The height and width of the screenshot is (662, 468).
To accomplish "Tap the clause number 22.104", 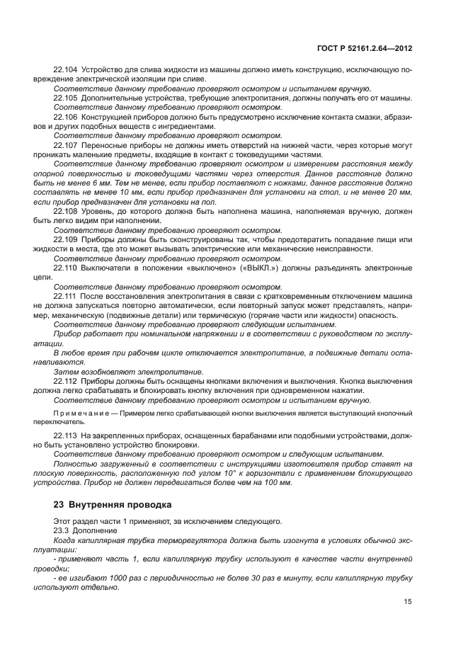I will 66,70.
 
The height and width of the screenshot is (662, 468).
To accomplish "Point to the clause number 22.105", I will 66,98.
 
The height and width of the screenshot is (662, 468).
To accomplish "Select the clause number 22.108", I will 66,211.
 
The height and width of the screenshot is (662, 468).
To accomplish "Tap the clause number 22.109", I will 66,240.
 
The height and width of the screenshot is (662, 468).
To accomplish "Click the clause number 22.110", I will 66,268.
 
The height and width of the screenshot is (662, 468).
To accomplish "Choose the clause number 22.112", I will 66,380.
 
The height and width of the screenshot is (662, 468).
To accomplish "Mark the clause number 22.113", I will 66,435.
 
